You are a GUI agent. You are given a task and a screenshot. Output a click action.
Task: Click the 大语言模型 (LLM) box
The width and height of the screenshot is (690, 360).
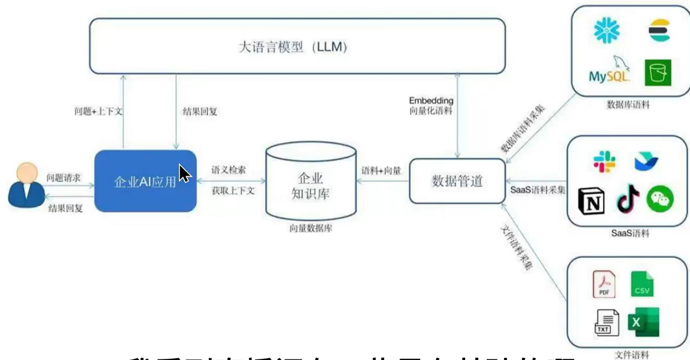pos(297,46)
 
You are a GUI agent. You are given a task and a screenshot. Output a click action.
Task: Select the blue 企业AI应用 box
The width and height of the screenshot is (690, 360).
pos(145,181)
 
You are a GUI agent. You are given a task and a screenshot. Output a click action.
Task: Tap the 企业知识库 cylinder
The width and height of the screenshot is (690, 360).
pos(311,184)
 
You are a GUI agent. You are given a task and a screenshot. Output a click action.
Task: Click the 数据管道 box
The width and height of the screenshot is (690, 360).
pos(457,181)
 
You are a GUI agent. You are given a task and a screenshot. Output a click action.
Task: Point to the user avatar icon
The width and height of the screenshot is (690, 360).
pos(27,185)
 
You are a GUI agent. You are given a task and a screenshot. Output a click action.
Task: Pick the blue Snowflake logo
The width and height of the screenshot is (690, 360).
pos(606,30)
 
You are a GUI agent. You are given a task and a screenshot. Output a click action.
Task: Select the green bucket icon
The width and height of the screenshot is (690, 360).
pos(658,72)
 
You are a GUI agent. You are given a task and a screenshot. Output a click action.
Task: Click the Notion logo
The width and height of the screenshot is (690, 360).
pos(591,202)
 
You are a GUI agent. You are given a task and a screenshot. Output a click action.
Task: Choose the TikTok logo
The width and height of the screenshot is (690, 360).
pos(628,199)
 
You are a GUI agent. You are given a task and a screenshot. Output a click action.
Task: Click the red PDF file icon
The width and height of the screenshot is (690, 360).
pos(604,284)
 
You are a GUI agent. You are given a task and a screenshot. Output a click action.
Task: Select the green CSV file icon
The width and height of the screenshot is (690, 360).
pos(642,284)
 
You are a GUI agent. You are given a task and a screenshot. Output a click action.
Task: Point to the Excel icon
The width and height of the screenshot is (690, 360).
pos(643,322)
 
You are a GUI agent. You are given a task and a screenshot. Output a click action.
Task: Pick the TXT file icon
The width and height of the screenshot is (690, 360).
pos(606,323)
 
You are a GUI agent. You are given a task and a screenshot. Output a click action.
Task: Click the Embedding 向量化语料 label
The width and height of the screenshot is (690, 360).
pos(431,106)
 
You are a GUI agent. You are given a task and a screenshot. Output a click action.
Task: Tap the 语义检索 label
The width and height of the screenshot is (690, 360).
pos(229,170)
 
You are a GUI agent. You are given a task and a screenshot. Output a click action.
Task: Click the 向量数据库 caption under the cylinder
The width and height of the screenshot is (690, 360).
pos(311,229)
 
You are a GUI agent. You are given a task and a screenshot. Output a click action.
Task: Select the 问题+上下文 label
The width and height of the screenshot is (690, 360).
pos(98,111)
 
